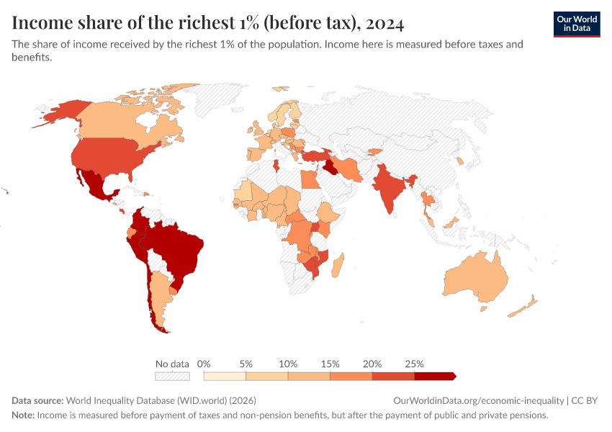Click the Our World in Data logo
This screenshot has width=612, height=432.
577,24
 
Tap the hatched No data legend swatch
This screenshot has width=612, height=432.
172,376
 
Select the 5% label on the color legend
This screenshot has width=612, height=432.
246,364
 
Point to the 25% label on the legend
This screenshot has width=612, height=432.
414,364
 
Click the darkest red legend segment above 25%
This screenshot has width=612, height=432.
434,376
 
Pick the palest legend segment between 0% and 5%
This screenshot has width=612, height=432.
225,376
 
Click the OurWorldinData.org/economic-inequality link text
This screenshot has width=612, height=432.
480,400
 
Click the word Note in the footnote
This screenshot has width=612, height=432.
22,415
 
